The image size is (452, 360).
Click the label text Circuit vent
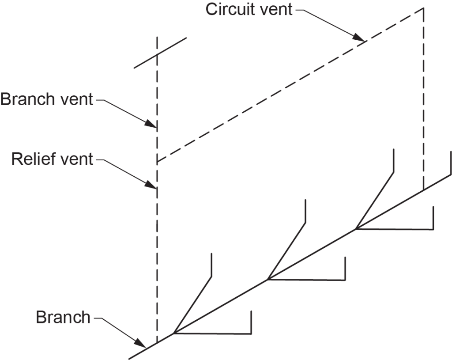[x=249, y=10]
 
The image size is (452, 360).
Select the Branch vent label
[x=47, y=99]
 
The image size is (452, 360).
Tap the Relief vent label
[x=52, y=159]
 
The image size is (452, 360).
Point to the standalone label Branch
[x=63, y=317]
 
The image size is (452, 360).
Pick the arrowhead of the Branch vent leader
[x=155, y=126]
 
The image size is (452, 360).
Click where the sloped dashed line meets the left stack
[x=157, y=163]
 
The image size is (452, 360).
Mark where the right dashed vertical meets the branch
[x=424, y=190]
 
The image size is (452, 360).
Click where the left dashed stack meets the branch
[x=157, y=343]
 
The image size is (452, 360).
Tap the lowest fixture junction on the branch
[x=174, y=333]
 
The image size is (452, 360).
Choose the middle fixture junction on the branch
[x=267, y=279]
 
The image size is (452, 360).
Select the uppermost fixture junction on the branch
[x=356, y=229]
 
